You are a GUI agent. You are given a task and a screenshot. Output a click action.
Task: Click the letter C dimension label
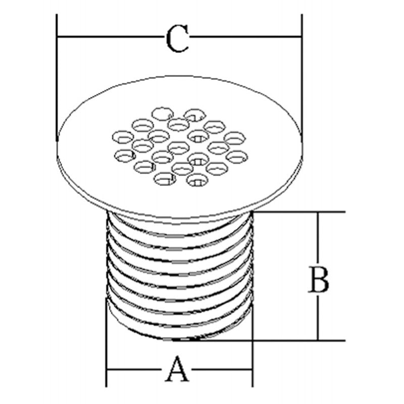177,39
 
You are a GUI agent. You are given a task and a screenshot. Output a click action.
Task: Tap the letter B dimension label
319,280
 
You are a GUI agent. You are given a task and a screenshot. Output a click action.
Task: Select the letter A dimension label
177,369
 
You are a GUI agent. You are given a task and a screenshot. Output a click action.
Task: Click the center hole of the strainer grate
179,148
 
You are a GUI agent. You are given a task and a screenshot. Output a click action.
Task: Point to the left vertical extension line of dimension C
57,77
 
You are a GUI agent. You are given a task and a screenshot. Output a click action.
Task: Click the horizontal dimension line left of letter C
111,36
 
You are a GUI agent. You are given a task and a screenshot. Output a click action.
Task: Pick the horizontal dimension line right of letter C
245,36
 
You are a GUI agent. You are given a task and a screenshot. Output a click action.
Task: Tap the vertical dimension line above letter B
318,239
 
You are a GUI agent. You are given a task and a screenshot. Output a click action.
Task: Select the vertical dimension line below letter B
318,317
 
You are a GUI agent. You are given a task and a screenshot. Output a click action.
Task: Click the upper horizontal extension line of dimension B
299,212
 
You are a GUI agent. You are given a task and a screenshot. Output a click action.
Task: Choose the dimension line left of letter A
135,370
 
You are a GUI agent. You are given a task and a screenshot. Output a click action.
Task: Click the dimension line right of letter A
221,370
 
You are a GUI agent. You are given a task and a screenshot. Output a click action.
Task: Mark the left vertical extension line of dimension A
106,343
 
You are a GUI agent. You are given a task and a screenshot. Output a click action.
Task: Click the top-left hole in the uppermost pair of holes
162,114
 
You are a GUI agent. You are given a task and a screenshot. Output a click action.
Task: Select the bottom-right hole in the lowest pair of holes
197,180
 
